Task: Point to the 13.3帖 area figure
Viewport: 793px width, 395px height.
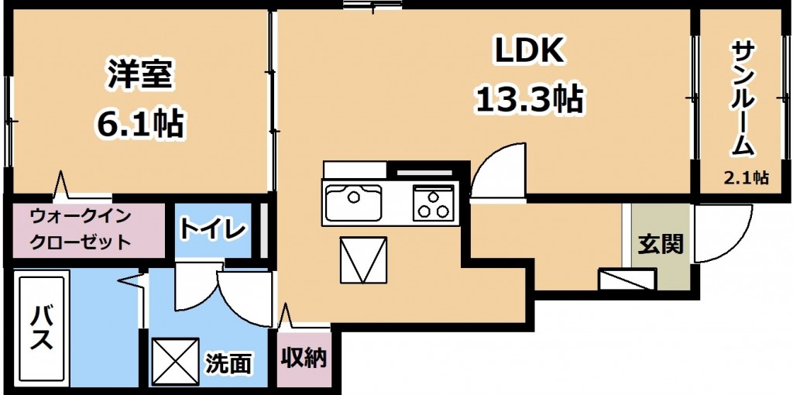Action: click(x=528, y=98)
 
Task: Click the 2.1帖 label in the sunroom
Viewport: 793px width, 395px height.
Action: click(x=745, y=177)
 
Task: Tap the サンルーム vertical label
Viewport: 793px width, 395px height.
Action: click(x=743, y=99)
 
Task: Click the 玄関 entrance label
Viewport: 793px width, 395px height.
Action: click(x=660, y=244)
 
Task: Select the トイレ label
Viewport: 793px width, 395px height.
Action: click(x=212, y=229)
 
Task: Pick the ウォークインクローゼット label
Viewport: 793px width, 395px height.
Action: click(x=81, y=229)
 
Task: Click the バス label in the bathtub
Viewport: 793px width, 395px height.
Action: click(x=41, y=327)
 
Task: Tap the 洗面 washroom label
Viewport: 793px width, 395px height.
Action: click(x=228, y=362)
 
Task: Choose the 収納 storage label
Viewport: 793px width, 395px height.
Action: click(x=304, y=358)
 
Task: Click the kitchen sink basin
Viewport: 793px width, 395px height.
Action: click(x=353, y=203)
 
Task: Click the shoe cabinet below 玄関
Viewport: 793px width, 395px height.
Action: click(x=627, y=279)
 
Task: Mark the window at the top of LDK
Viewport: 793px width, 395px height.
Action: click(x=372, y=5)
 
